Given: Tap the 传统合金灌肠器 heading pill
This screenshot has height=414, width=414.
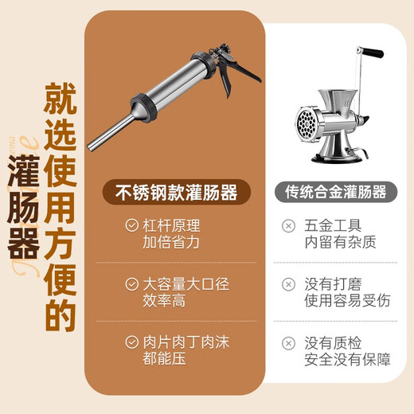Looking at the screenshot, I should (x=335, y=191).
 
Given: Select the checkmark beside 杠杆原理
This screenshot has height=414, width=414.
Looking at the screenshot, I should (x=131, y=225).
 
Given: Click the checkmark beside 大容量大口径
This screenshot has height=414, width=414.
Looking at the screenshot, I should (x=131, y=284).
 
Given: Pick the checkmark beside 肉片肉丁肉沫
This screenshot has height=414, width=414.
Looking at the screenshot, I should (x=131, y=343).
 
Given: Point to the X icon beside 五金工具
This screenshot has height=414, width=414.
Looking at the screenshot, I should (x=288, y=225).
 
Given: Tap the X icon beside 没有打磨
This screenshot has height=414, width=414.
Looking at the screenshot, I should (x=288, y=284).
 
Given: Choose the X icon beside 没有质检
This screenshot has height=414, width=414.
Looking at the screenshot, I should (x=288, y=343).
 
